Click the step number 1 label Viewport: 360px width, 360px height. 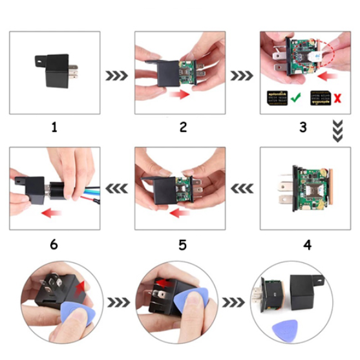point(54,127)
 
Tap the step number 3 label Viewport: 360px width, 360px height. point(302,127)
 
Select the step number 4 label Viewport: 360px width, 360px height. point(307,244)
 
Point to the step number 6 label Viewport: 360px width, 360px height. point(54,244)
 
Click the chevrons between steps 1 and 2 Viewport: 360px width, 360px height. point(117,76)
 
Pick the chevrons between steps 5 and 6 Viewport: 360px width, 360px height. point(117,189)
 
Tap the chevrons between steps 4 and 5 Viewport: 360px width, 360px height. point(242,189)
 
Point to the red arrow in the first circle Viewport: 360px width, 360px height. point(79,288)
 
